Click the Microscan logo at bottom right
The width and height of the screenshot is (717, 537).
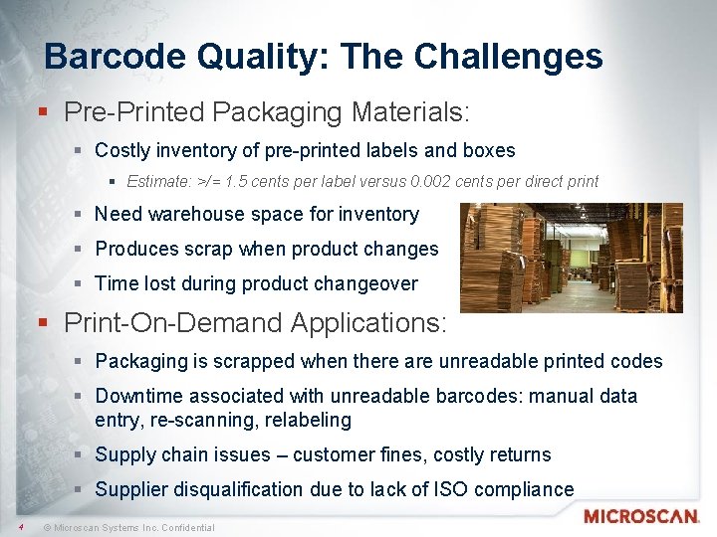pos(641,516)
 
